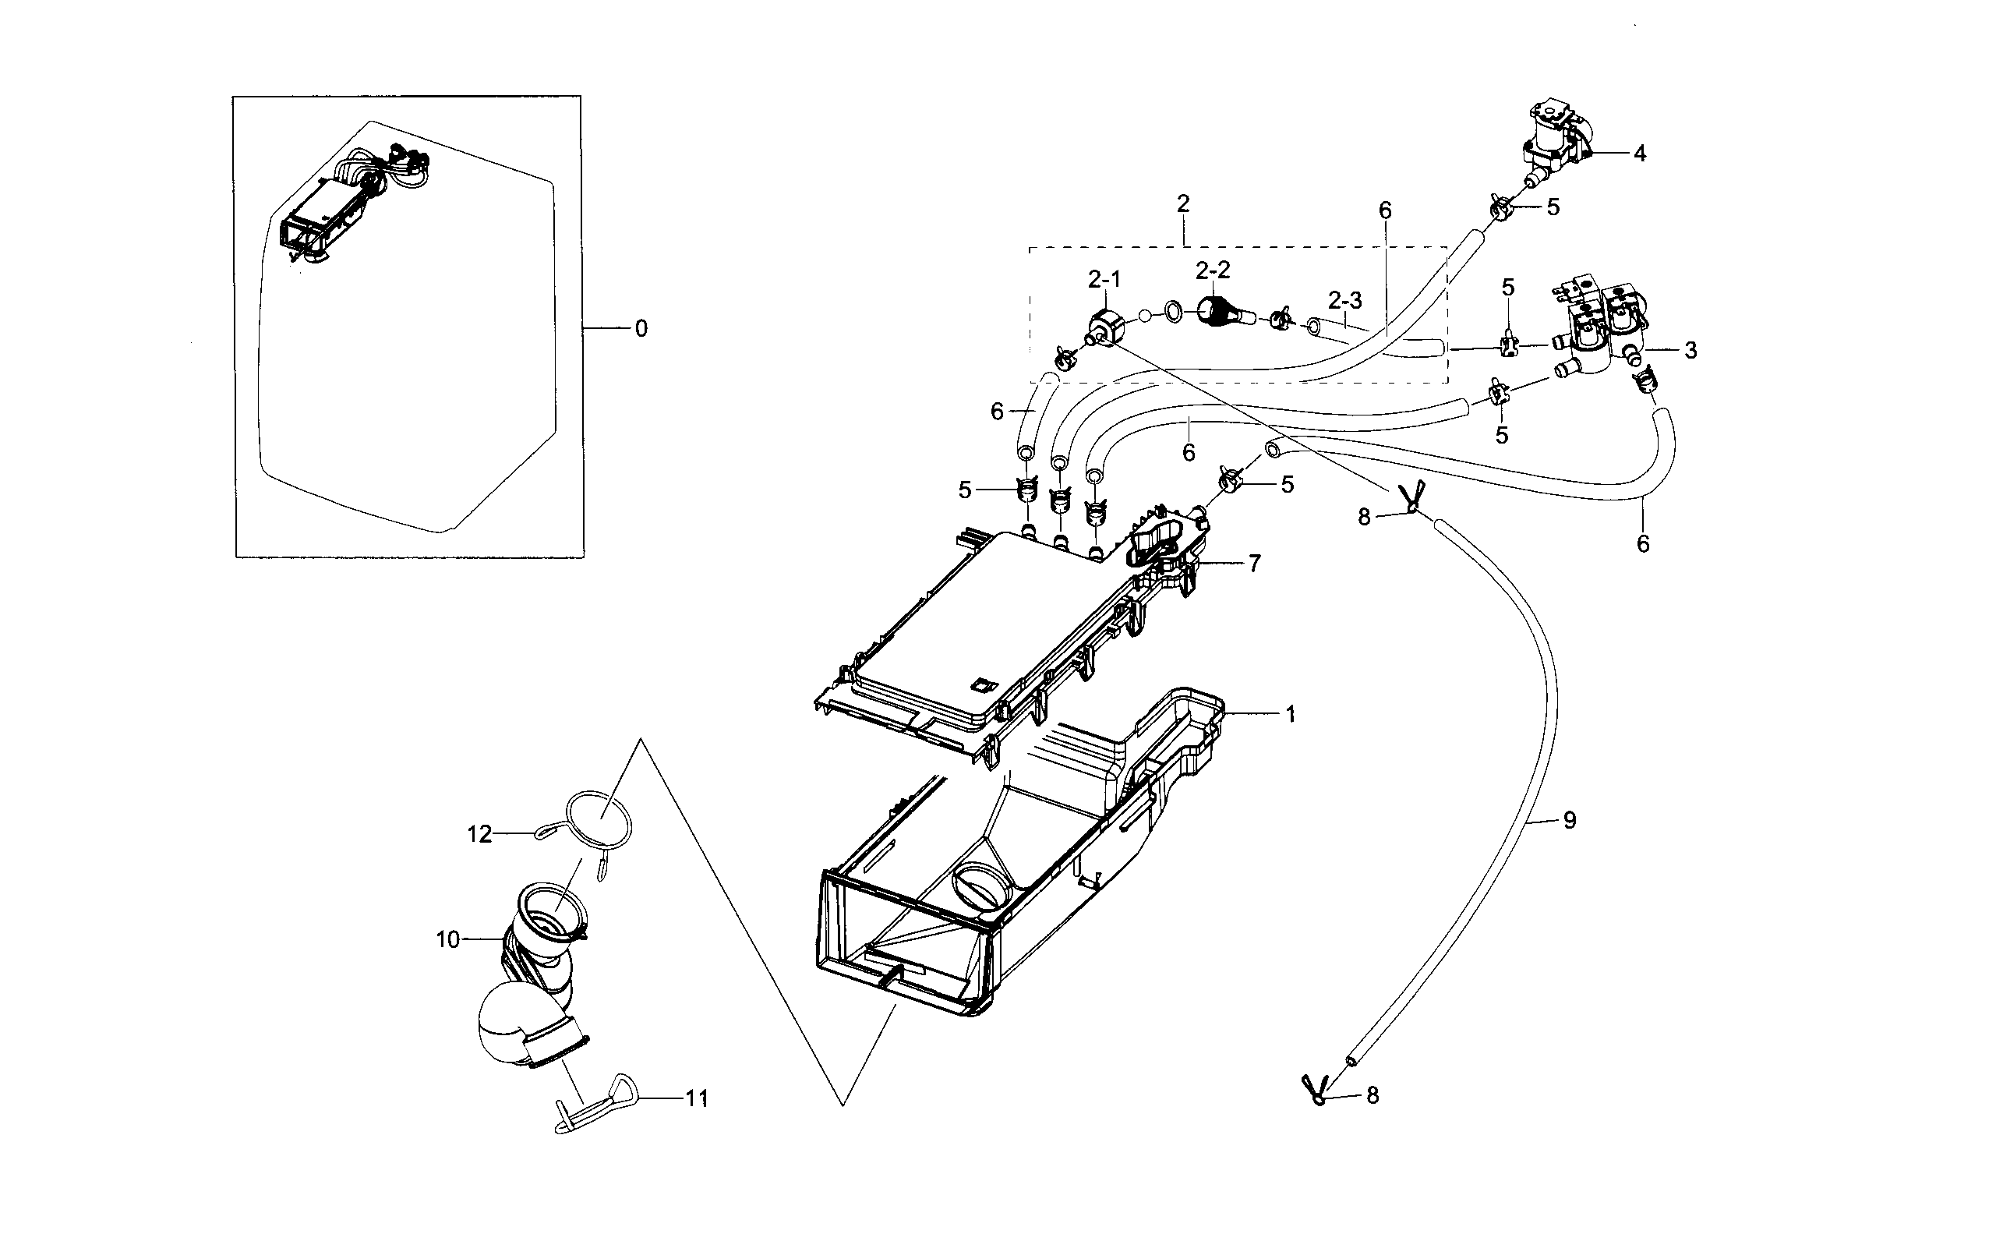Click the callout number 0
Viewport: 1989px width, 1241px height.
pos(641,329)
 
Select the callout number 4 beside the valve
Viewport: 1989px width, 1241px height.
pos(1640,154)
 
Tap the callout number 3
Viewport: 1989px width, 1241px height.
pos(1690,351)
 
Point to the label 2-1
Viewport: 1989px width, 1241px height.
pos(1104,280)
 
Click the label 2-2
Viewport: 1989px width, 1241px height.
pos(1213,270)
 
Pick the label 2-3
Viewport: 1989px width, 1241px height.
pos(1345,300)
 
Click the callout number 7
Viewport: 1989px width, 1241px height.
pos(1255,564)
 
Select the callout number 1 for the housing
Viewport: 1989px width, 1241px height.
pos(1290,715)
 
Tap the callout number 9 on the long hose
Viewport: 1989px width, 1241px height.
pos(1569,820)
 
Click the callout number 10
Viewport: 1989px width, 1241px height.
pos(448,940)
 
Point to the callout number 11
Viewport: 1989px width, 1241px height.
pos(697,1098)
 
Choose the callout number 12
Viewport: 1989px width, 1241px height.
pos(479,835)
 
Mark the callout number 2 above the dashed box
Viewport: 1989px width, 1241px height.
pos(1182,203)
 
